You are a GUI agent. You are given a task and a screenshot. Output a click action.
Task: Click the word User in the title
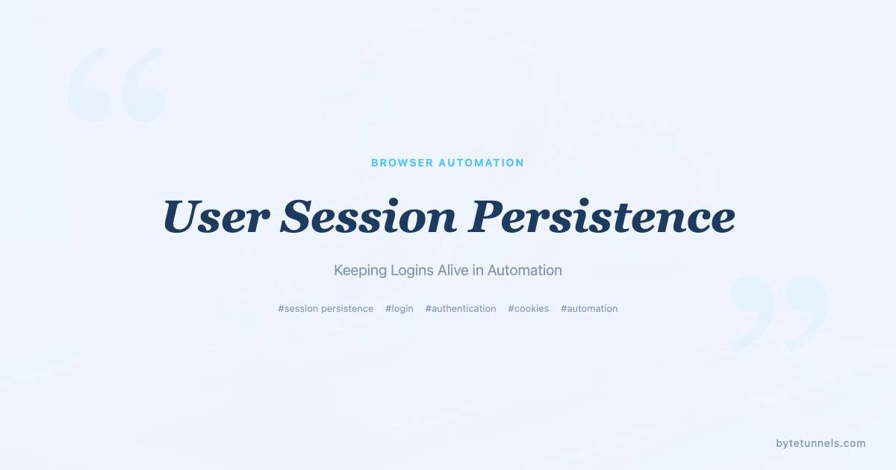pyautogui.click(x=215, y=217)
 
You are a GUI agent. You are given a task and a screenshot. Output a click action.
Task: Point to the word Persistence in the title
pyautogui.click(x=601, y=217)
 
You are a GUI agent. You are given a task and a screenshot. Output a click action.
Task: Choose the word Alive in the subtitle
pyautogui.click(x=453, y=270)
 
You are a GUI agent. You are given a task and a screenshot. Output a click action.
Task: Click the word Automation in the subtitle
pyautogui.click(x=525, y=270)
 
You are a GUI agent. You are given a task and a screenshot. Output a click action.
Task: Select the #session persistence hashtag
pyautogui.click(x=326, y=309)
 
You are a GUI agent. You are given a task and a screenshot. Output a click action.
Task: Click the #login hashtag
pyautogui.click(x=399, y=309)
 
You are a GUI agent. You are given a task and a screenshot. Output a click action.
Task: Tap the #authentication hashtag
pyautogui.click(x=461, y=309)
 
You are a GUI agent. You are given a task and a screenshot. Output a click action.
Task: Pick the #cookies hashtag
pyautogui.click(x=529, y=309)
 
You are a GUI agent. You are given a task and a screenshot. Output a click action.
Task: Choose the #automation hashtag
pyautogui.click(x=589, y=309)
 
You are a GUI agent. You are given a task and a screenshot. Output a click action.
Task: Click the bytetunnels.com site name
pyautogui.click(x=821, y=443)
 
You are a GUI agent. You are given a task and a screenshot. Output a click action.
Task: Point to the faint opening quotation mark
pyautogui.click(x=116, y=84)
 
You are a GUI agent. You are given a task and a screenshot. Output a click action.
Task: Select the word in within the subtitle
pyautogui.click(x=478, y=270)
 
